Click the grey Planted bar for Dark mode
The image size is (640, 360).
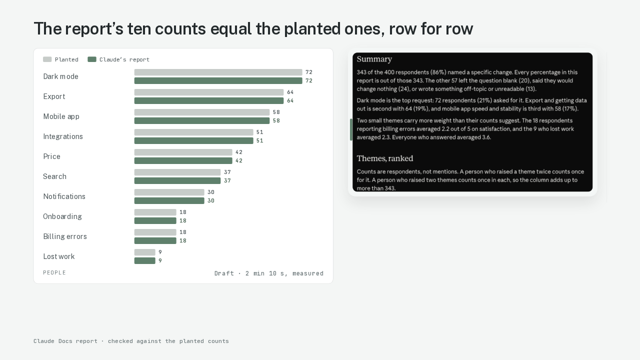click(218, 72)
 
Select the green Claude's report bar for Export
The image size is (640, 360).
click(209, 101)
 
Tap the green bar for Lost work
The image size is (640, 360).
click(145, 261)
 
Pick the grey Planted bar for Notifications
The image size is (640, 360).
click(169, 192)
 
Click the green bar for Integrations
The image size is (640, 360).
click(193, 141)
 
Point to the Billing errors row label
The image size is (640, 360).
click(65, 236)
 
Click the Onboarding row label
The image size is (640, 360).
click(62, 216)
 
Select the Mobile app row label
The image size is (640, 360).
click(61, 116)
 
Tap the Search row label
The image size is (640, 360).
click(54, 176)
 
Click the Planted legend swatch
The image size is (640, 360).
click(47, 59)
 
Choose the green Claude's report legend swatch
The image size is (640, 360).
click(92, 59)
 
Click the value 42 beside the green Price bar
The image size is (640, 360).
click(239, 161)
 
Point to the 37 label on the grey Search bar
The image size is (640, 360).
click(227, 172)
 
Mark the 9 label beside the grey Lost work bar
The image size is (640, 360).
click(160, 252)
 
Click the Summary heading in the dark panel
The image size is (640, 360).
click(374, 59)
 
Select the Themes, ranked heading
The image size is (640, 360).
click(385, 158)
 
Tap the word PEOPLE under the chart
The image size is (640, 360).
click(54, 272)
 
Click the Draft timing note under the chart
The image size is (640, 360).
click(269, 273)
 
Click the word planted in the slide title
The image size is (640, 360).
click(312, 29)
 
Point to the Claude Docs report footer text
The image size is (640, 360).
click(131, 341)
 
